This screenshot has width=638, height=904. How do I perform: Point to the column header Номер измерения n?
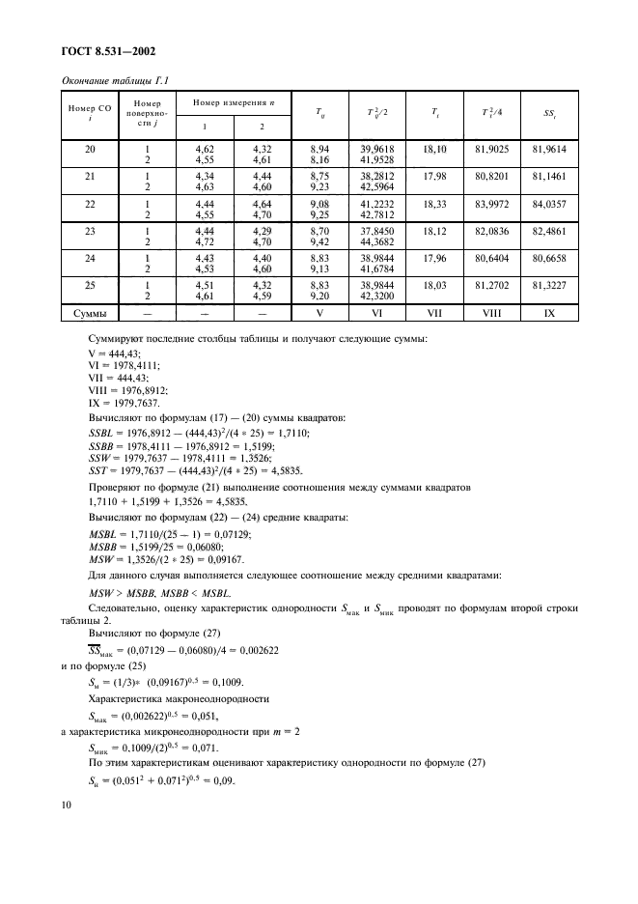point(232,102)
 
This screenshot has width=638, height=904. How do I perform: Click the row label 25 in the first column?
point(89,286)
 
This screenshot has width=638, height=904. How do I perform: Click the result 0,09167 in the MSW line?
point(224,558)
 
